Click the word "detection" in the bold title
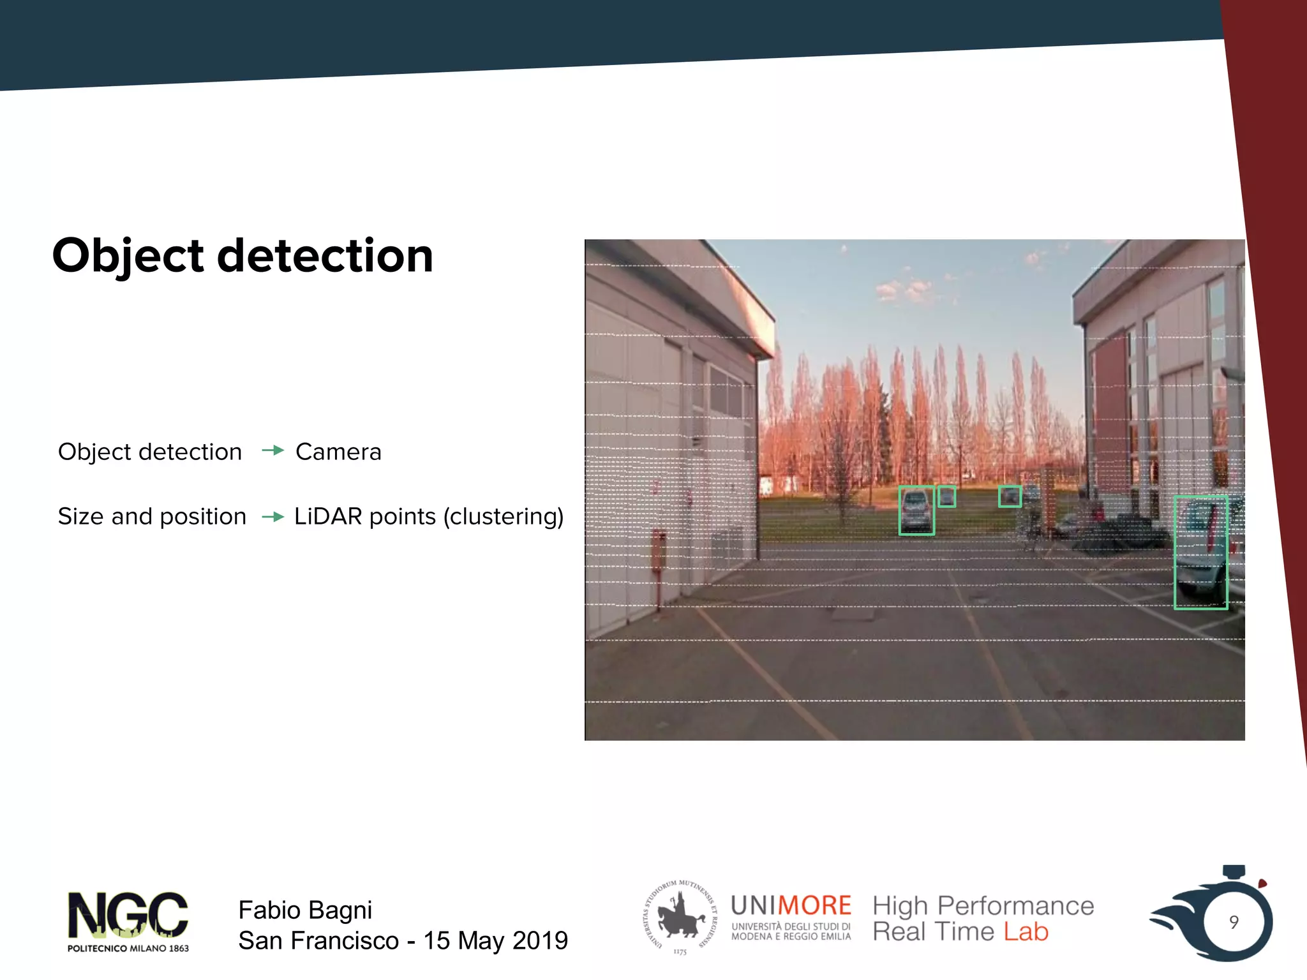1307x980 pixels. pyautogui.click(x=325, y=255)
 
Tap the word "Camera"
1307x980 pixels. pyautogui.click(x=338, y=452)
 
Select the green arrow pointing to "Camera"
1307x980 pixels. pyautogui.click(x=273, y=451)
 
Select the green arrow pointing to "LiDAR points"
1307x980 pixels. pyautogui.click(x=273, y=516)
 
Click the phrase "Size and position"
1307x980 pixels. pyautogui.click(x=152, y=516)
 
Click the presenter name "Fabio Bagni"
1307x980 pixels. pyautogui.click(x=305, y=910)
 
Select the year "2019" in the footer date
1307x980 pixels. pyautogui.click(x=540, y=940)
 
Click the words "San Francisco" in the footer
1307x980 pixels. pyautogui.click(x=318, y=940)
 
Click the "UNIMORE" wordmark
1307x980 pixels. pyautogui.click(x=791, y=905)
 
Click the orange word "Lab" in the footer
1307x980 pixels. pyautogui.click(x=1026, y=932)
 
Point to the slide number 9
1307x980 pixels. pyautogui.click(x=1234, y=922)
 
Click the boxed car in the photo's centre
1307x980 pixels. pyautogui.click(x=916, y=510)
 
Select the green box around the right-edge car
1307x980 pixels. pyautogui.click(x=1200, y=553)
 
